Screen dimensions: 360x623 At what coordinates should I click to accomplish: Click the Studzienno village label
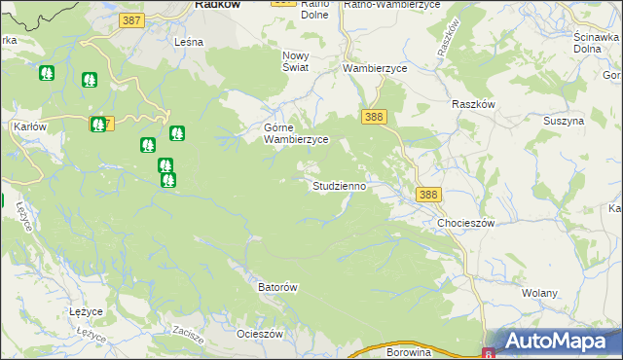click(339, 185)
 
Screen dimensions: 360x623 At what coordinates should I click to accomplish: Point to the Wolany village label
click(539, 293)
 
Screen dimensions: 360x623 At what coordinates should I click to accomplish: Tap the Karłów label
click(32, 127)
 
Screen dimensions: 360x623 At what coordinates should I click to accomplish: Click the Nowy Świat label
click(295, 61)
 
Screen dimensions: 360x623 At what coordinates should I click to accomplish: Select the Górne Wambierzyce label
click(297, 133)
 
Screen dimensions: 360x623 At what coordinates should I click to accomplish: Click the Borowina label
click(408, 352)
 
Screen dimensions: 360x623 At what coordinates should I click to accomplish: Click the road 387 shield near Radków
click(133, 20)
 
